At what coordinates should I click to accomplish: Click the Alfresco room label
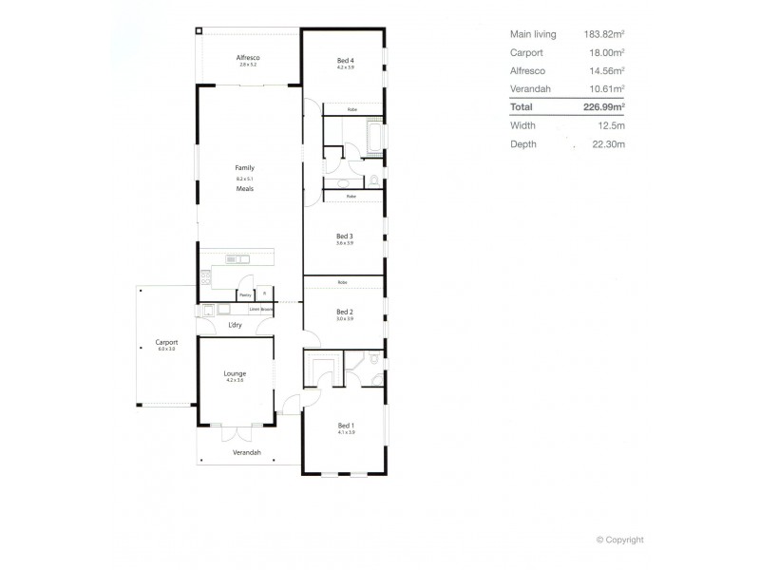pyautogui.click(x=248, y=58)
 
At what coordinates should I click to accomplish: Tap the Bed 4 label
pyautogui.click(x=345, y=61)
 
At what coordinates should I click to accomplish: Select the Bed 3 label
pyautogui.click(x=345, y=236)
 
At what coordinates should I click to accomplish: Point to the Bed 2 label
pyautogui.click(x=345, y=312)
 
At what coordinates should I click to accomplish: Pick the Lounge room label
pyautogui.click(x=235, y=373)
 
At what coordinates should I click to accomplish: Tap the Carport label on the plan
pyautogui.click(x=167, y=342)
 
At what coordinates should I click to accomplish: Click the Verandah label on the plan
pyautogui.click(x=247, y=452)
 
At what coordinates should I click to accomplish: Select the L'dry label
pyautogui.click(x=235, y=326)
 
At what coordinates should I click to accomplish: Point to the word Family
pyautogui.click(x=245, y=168)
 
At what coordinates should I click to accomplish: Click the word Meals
pyautogui.click(x=245, y=188)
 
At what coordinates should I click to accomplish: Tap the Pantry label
pyautogui.click(x=245, y=295)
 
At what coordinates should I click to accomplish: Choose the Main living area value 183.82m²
pyautogui.click(x=603, y=34)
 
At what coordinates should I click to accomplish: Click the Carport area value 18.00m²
pyautogui.click(x=606, y=52)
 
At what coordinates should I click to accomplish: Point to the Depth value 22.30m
pyautogui.click(x=609, y=144)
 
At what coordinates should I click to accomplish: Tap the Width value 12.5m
pyautogui.click(x=611, y=125)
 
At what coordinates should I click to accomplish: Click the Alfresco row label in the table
pyautogui.click(x=527, y=70)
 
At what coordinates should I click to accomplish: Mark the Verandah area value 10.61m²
pyautogui.click(x=606, y=88)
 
